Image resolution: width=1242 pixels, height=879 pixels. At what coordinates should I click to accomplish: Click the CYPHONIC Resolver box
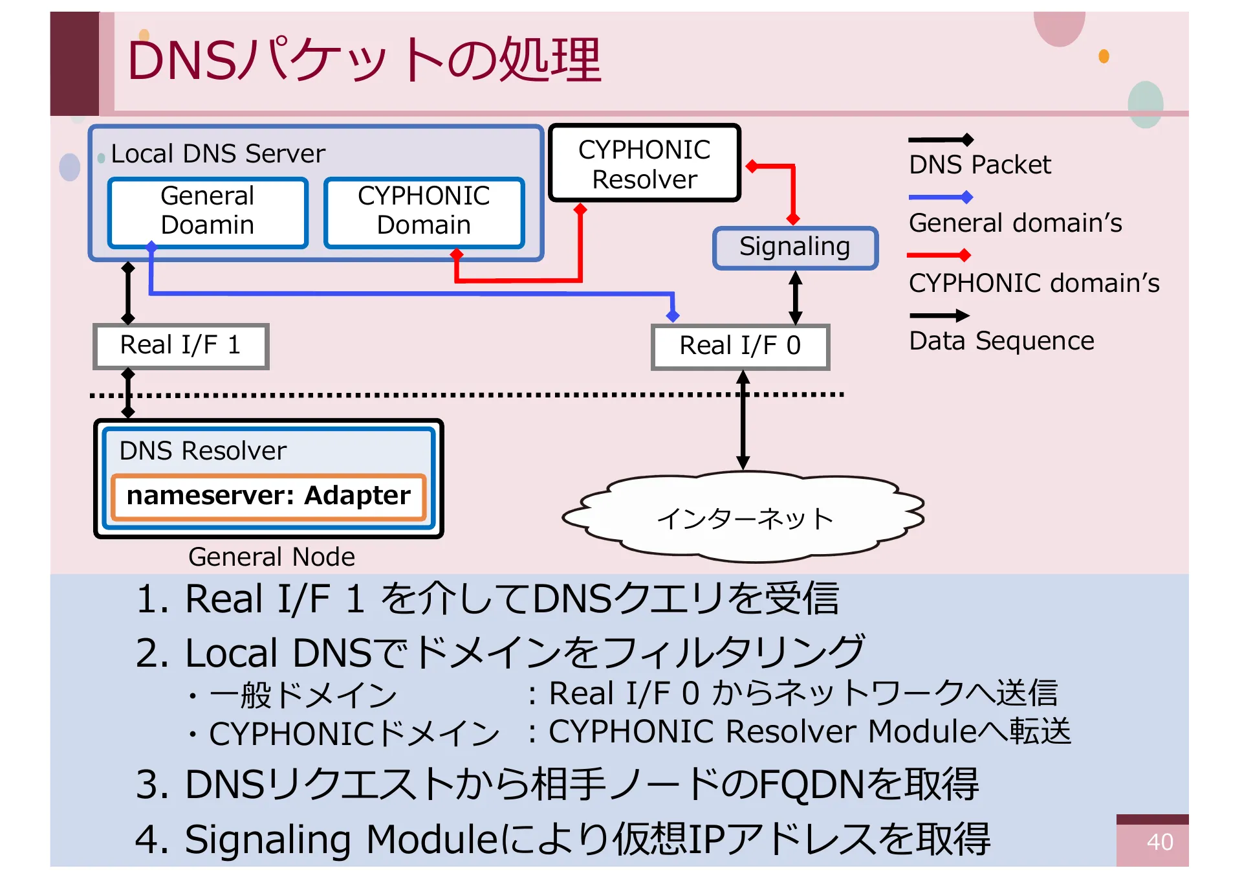(x=644, y=164)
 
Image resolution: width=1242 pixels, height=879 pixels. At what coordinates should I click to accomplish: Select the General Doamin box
(x=208, y=212)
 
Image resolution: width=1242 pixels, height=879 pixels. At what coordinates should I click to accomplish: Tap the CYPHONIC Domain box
(x=424, y=212)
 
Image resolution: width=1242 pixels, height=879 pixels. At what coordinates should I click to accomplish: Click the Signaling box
(x=794, y=247)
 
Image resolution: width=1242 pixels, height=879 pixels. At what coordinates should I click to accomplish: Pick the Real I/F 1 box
(x=180, y=346)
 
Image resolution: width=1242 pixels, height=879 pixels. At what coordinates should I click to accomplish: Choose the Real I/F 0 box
(x=740, y=346)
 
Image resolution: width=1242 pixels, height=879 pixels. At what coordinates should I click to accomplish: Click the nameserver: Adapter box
(x=268, y=496)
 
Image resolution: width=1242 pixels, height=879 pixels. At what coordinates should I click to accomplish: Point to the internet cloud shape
(x=744, y=518)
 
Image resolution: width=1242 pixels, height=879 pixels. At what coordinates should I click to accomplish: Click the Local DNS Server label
(x=217, y=154)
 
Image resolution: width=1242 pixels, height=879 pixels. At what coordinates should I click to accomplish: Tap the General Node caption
(x=271, y=557)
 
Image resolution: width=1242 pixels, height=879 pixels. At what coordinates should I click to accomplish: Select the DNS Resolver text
(x=202, y=451)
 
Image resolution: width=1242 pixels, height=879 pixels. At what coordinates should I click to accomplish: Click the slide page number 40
(x=1159, y=842)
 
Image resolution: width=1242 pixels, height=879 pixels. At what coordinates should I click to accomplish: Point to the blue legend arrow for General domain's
(x=940, y=197)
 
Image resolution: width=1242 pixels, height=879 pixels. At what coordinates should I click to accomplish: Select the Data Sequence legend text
(x=1001, y=341)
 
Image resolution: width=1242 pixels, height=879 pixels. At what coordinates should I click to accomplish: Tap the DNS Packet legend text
(x=979, y=165)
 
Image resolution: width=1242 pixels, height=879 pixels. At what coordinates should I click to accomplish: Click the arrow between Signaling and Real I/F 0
(x=796, y=298)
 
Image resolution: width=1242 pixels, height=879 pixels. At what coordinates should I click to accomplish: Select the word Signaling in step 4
(x=268, y=840)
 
